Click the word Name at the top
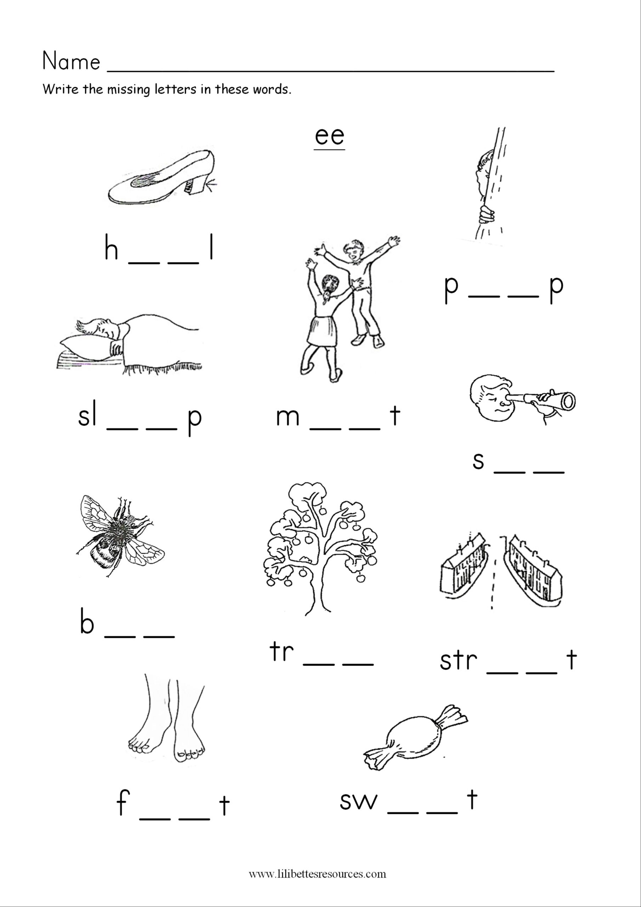[71, 62]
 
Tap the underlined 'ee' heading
[329, 136]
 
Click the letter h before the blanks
[111, 248]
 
